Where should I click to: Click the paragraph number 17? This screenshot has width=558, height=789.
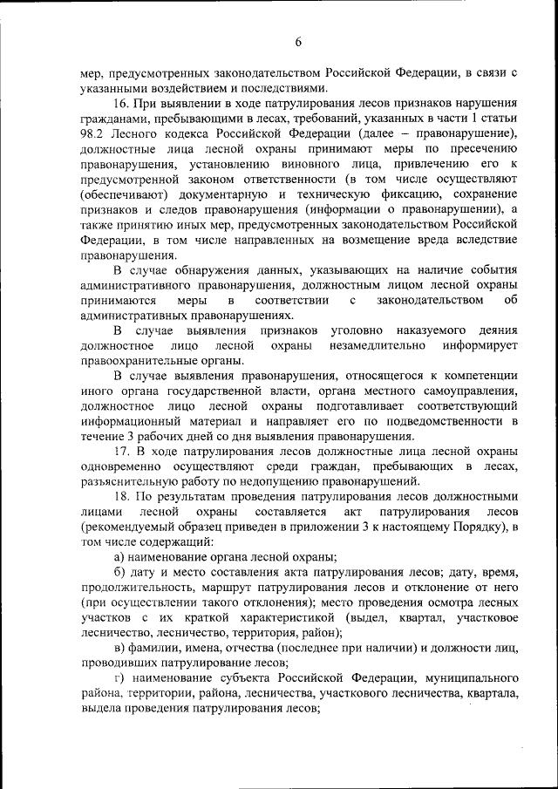click(x=123, y=452)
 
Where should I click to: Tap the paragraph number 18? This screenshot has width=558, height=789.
click(x=123, y=497)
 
